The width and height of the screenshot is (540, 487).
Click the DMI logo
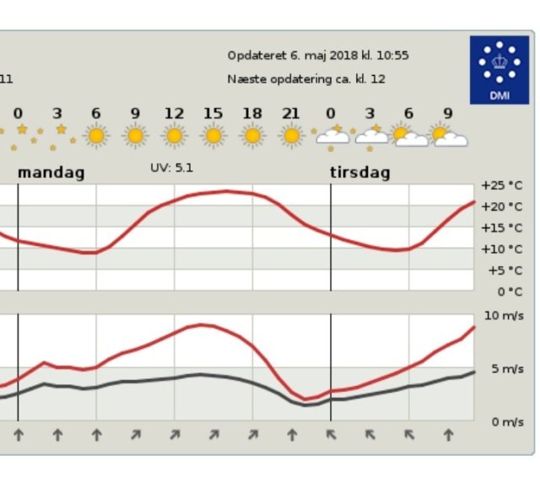[x=499, y=69]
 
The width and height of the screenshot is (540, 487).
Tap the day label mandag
[x=51, y=173]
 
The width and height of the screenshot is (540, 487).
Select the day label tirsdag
[x=360, y=173]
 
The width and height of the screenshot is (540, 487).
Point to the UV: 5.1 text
[x=171, y=168]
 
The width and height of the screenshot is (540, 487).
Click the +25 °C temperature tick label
[x=501, y=185]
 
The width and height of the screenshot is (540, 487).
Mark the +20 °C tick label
[x=501, y=206]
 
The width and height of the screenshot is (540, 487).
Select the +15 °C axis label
[x=501, y=227]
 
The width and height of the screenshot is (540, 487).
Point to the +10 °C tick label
[x=501, y=249]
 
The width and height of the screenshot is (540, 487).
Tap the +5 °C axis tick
[x=504, y=270]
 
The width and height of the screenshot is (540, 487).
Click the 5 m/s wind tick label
[x=507, y=369]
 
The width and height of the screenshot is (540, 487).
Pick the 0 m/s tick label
[x=507, y=422]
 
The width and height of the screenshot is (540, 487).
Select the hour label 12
[x=174, y=114]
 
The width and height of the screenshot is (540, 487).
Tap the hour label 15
[x=213, y=114]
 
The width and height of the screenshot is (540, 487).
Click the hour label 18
[x=251, y=114]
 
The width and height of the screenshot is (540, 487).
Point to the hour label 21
[x=291, y=114]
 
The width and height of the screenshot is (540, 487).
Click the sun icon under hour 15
[x=213, y=135]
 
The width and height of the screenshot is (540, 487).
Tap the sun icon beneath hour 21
[x=291, y=135]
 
